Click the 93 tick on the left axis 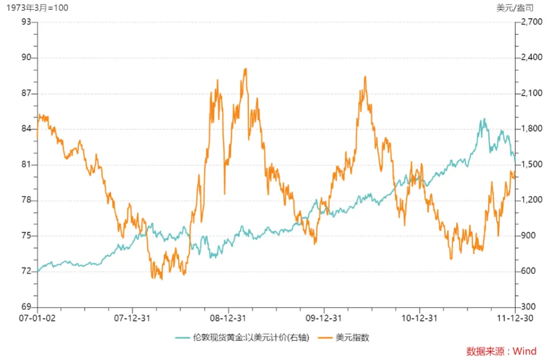point(26,22)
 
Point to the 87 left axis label point(26,93)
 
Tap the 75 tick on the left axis point(26,235)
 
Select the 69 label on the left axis point(26,307)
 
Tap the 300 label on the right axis point(527,307)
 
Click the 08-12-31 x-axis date point(228,318)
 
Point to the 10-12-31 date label point(419,318)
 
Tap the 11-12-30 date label point(515,318)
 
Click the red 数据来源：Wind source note point(502,351)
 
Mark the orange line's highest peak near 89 point(245,69)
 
